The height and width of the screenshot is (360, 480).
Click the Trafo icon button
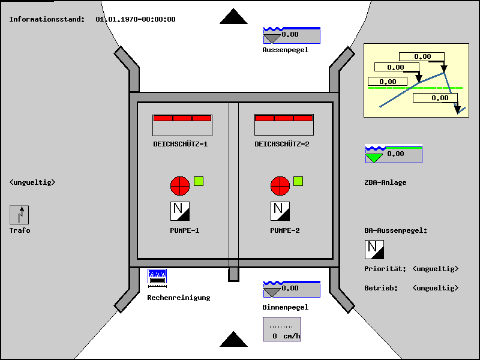(x=19, y=215)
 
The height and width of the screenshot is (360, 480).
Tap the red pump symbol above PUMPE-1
(x=180, y=185)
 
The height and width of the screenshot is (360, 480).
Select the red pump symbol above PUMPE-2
(x=280, y=185)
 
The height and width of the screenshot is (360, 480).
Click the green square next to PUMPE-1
(x=199, y=181)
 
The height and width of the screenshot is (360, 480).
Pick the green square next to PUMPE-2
(x=298, y=181)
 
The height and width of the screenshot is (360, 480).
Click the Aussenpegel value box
(x=292, y=35)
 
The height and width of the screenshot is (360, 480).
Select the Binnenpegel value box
(x=292, y=289)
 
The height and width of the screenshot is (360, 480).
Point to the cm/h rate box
(x=282, y=329)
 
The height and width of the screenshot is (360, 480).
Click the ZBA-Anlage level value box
(x=394, y=154)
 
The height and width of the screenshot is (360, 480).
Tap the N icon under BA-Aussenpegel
(x=374, y=249)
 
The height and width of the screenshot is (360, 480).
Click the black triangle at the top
(x=233, y=17)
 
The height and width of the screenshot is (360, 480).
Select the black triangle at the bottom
(x=233, y=340)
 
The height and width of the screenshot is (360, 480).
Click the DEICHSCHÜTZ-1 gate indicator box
(x=182, y=125)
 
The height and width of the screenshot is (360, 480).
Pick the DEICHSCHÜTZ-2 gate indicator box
(x=284, y=125)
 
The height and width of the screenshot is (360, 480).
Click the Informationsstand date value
(x=136, y=19)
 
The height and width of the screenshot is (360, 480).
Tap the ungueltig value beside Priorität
(x=436, y=269)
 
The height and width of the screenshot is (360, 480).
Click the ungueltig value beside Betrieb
(x=436, y=288)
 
